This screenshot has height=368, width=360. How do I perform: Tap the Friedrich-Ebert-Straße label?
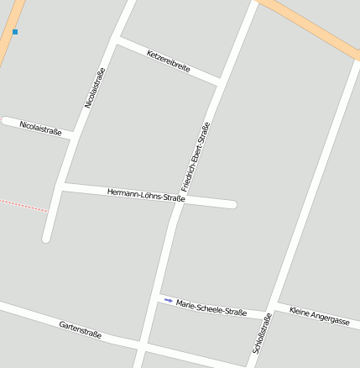coord(195,157)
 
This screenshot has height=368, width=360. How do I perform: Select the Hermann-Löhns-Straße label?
coord(146,195)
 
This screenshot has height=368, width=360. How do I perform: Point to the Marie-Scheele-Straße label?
coord(211,308)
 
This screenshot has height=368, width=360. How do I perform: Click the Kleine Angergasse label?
coord(319,316)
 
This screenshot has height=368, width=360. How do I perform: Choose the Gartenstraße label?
coord(81,329)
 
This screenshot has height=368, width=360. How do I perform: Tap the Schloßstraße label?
coord(261,333)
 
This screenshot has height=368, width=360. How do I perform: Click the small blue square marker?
coord(15,32)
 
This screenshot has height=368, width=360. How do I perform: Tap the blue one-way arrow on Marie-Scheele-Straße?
coord(169,300)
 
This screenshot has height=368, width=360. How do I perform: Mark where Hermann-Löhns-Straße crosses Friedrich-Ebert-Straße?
coord(178,199)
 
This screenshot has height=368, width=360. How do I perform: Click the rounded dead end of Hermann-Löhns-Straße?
coord(232,204)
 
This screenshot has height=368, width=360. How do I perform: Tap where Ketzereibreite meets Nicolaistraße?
coord(117,39)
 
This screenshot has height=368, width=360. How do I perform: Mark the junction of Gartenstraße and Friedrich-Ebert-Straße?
coord(140,344)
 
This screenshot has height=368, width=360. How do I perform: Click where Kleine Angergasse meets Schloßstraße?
coord(274,304)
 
